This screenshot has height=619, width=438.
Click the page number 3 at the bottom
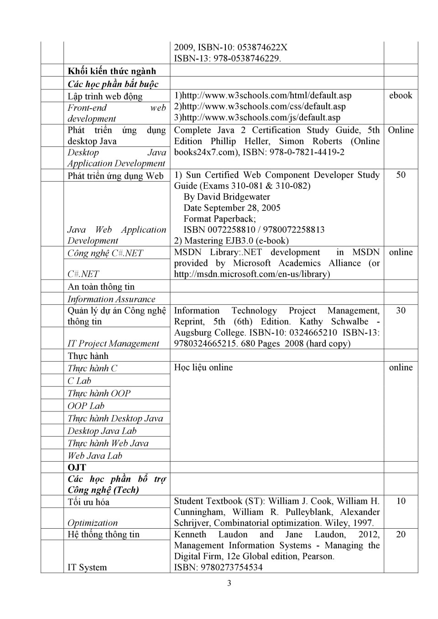229,583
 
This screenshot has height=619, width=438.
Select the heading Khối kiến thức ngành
112,71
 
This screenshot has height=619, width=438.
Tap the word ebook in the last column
400,95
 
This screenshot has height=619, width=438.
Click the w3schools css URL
260,106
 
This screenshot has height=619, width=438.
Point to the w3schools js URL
257,117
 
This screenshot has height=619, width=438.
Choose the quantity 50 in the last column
401,175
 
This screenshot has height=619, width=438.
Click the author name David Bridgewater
227,197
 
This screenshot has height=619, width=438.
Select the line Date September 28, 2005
232,208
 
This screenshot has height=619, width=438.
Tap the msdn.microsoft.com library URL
252,274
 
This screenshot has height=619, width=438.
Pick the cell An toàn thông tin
101,286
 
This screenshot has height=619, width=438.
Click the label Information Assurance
111,299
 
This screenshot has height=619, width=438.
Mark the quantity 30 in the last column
401,311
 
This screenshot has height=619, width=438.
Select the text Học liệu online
203,367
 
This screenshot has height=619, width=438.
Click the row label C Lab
79,381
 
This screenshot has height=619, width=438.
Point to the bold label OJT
77,468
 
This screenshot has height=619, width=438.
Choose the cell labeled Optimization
93,523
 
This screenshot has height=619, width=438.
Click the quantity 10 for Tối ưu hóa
401,501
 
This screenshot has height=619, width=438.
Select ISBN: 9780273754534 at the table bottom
218,567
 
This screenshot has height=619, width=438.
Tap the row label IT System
87,567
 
